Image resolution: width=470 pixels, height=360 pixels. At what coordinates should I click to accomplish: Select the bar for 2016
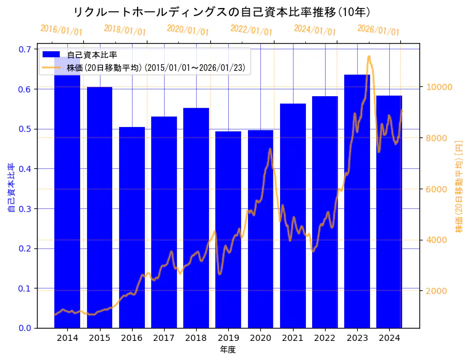(131, 228)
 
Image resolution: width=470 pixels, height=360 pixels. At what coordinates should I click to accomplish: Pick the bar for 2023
(357, 203)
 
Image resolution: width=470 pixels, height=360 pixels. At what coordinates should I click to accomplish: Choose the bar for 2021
(293, 216)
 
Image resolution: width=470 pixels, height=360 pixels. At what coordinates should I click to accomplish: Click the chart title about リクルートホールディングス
(221, 12)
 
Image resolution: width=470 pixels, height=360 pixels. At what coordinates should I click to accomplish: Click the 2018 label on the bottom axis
(196, 338)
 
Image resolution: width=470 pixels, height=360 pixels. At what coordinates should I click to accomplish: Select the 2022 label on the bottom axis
(325, 338)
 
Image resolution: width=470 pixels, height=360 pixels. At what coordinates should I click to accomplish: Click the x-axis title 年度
(228, 350)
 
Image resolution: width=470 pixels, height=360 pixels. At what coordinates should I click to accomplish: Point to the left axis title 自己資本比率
(10, 188)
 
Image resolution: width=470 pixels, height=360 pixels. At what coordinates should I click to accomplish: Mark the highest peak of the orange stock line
(369, 56)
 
